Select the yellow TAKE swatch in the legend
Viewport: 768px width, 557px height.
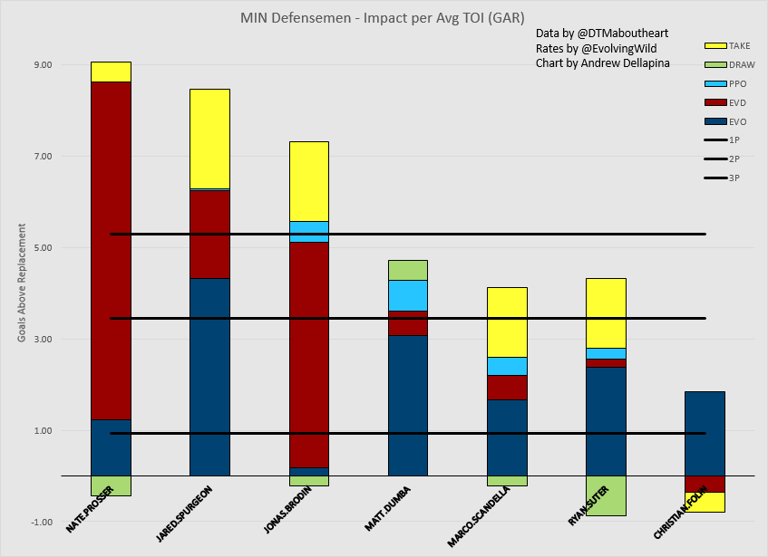[715, 45]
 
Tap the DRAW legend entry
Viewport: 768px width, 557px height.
[715, 64]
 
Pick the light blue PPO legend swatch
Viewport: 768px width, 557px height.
[715, 83]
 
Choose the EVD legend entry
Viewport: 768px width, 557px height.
[715, 102]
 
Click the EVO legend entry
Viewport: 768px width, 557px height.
[715, 121]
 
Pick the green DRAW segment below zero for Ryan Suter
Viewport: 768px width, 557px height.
[606, 495]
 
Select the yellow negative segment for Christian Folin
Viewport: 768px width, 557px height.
[705, 502]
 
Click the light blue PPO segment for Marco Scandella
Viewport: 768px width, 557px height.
[507, 366]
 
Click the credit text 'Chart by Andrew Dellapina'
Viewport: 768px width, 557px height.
[602, 63]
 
